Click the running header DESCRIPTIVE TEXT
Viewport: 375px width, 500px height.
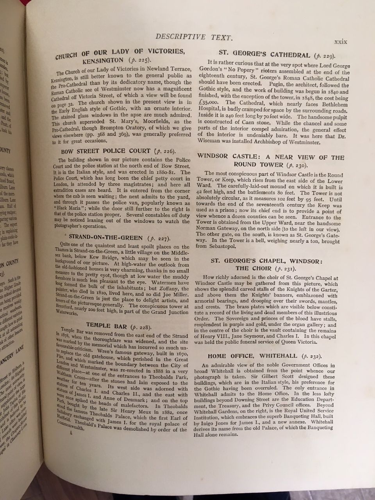coord(194,37)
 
